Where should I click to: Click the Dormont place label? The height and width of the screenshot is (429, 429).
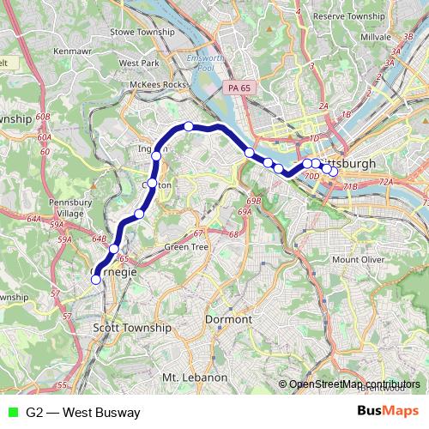click(x=229, y=319)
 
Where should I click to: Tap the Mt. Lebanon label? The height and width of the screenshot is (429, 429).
click(x=194, y=378)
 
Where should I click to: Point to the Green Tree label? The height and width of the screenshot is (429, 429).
click(x=186, y=247)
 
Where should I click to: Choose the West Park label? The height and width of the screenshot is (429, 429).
click(x=140, y=63)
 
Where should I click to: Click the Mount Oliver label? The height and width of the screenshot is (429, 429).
click(x=357, y=259)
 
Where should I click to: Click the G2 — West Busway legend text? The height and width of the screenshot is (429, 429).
click(x=82, y=412)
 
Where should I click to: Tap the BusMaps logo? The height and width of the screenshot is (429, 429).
click(x=388, y=412)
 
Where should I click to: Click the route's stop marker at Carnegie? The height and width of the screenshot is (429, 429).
click(x=96, y=278)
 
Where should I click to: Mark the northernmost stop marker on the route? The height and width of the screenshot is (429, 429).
click(x=189, y=127)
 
